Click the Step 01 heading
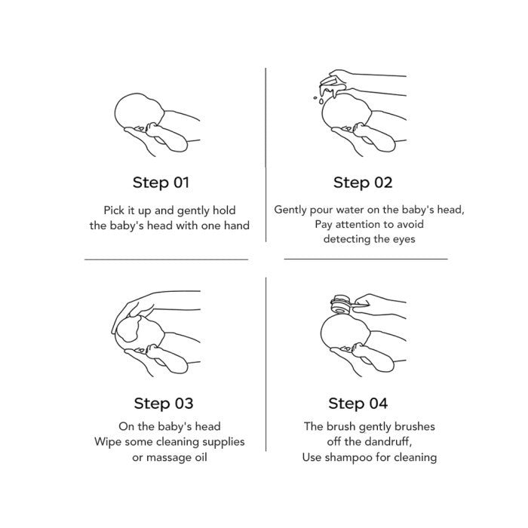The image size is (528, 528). point(161,183)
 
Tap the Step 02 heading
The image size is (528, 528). point(363,183)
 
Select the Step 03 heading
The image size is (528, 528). point(164,404)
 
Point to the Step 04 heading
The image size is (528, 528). point(358,404)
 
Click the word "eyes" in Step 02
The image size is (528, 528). point(404,240)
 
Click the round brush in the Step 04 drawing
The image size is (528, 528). point(341,304)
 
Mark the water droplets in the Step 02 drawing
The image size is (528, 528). point(319,99)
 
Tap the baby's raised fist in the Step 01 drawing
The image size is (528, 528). point(154,129)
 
